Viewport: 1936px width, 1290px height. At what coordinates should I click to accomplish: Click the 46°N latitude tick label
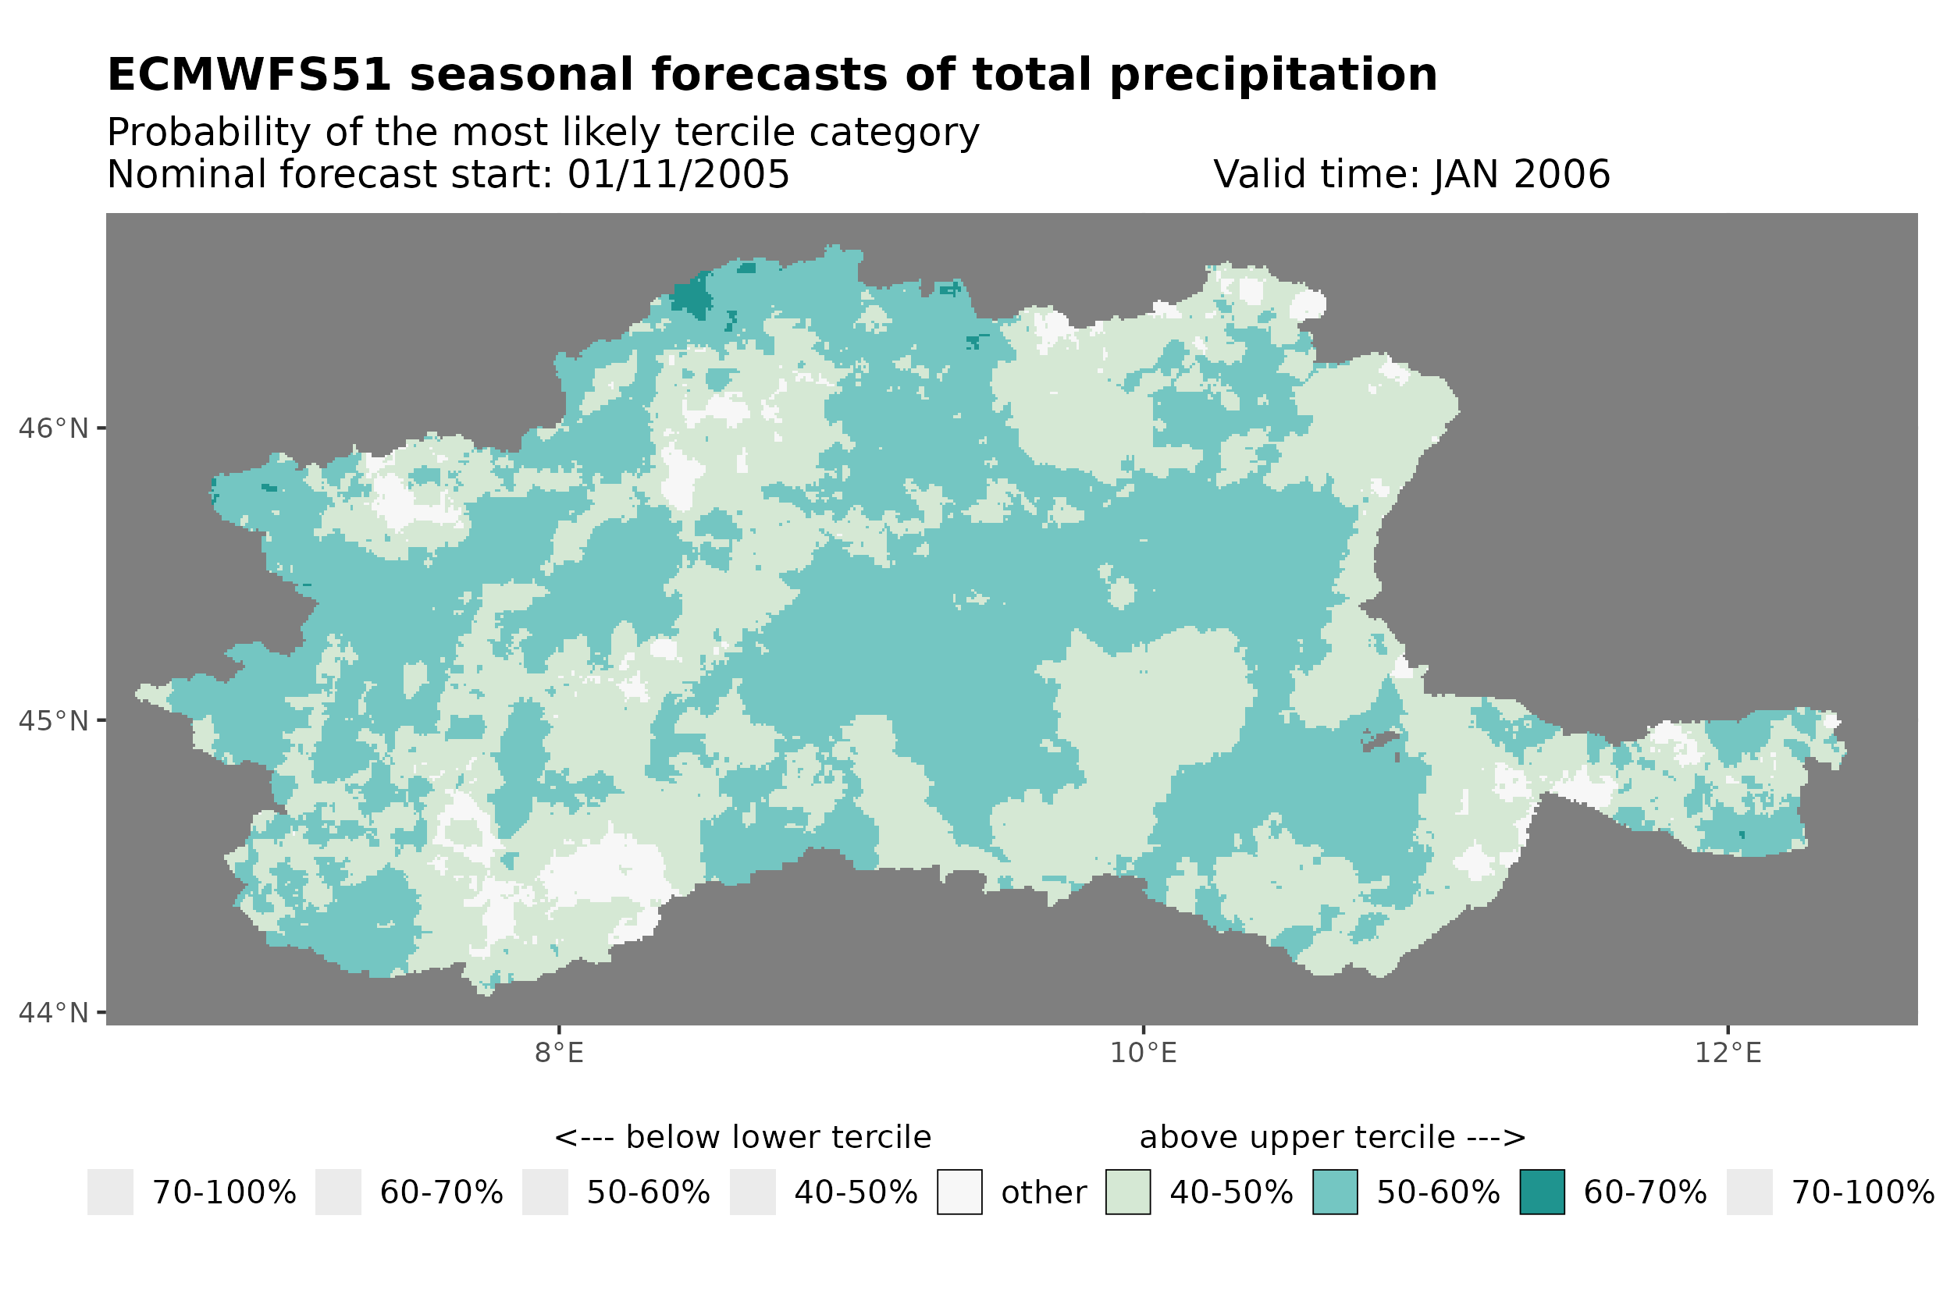[52, 428]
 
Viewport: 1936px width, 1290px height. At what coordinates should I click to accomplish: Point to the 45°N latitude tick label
[52, 720]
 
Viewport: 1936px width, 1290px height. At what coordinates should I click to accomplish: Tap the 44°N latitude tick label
[52, 1013]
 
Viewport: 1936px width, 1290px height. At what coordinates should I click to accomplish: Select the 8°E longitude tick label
[559, 1053]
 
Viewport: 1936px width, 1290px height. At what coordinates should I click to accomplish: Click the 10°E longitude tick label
[1143, 1053]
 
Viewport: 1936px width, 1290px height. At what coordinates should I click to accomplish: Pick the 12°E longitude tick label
[1727, 1053]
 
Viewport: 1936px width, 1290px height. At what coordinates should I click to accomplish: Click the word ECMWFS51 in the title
[248, 75]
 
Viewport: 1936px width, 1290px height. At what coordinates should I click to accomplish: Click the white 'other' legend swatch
[959, 1192]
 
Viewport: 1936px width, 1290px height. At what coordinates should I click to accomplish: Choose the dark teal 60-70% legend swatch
[1541, 1192]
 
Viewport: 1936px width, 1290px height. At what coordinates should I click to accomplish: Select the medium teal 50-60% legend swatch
[1335, 1192]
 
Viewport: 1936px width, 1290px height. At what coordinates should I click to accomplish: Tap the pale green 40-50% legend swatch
[1127, 1192]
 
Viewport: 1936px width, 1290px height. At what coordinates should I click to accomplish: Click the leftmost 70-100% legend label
[224, 1192]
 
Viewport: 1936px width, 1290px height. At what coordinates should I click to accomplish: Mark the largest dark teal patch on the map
[692, 295]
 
